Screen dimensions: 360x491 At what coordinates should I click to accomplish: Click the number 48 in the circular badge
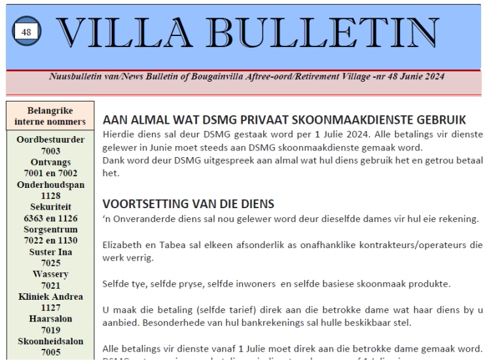point(26,33)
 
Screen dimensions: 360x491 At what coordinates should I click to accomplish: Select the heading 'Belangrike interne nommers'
point(50,116)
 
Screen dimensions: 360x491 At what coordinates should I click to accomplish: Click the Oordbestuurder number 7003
point(50,151)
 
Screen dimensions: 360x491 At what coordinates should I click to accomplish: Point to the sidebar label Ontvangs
point(50,162)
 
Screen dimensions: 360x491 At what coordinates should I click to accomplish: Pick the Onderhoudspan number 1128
point(50,195)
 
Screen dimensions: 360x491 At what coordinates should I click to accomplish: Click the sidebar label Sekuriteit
point(50,207)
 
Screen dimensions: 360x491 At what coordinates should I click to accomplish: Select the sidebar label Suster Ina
point(50,251)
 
